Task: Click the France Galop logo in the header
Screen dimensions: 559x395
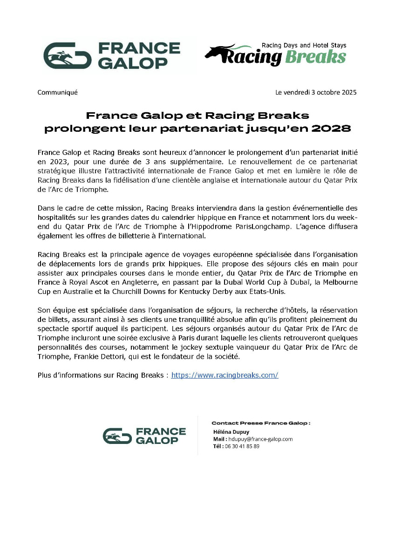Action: pyautogui.click(x=112, y=55)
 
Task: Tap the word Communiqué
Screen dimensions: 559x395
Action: pyautogui.click(x=57, y=92)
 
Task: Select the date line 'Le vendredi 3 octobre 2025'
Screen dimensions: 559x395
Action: pyautogui.click(x=316, y=92)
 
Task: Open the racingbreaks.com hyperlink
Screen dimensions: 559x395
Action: pyautogui.click(x=225, y=375)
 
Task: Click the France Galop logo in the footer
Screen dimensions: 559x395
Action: pyautogui.click(x=144, y=436)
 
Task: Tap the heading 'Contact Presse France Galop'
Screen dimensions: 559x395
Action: pyautogui.click(x=261, y=423)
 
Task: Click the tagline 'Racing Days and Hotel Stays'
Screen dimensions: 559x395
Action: pyautogui.click(x=304, y=46)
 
